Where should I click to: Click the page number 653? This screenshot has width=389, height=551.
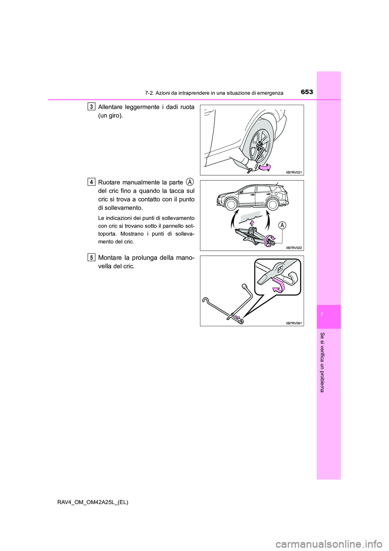pos(307,92)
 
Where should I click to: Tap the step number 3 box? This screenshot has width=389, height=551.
pos(92,106)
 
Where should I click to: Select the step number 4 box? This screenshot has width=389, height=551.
pos(92,182)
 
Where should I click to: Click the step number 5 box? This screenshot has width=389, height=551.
pos(92,257)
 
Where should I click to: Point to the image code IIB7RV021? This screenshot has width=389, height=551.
pos(294,172)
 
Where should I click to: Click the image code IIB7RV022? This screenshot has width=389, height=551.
pos(294,247)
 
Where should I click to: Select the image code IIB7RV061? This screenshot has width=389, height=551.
pos(294,323)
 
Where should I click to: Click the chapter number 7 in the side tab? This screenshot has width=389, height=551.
pos(329,316)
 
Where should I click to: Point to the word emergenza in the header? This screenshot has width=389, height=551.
pos(270,93)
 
